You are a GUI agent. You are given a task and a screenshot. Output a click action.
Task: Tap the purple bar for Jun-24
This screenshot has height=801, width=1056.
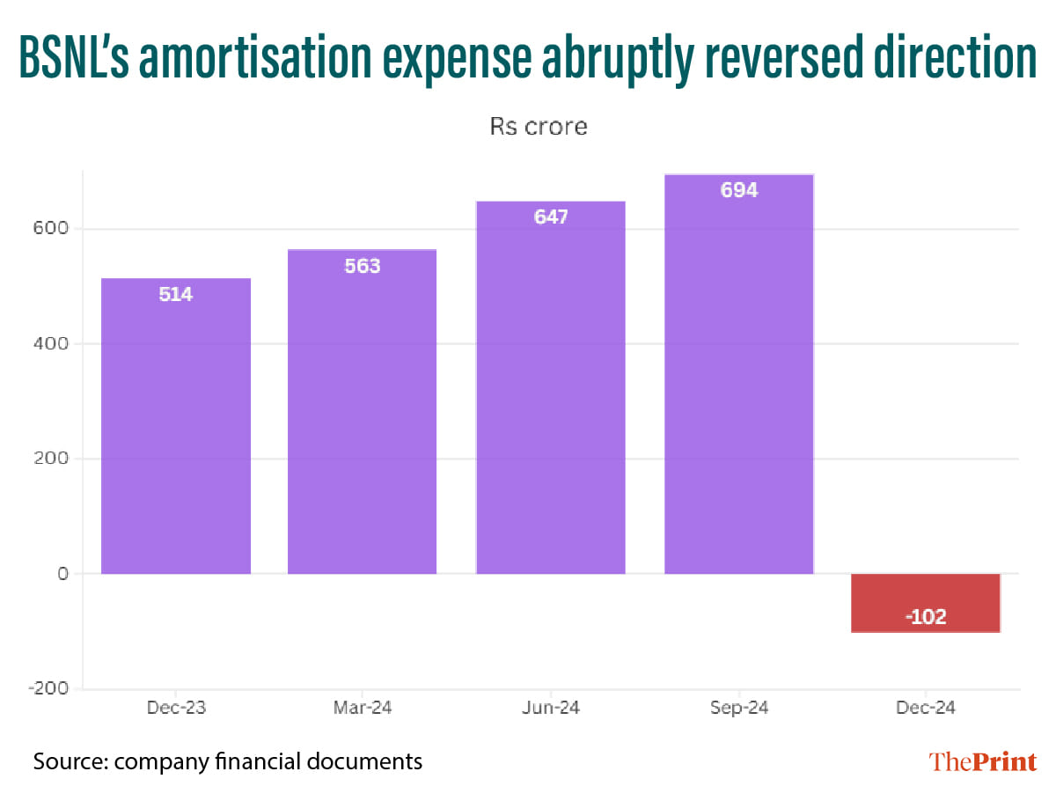[551, 387]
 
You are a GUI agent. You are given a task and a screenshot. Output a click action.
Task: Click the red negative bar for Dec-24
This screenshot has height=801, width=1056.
[926, 603]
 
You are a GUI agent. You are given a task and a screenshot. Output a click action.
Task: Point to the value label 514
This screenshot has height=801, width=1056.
[176, 295]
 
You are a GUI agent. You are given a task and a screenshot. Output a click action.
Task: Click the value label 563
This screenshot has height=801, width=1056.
[362, 266]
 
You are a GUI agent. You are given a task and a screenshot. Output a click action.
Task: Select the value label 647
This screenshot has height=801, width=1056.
[551, 217]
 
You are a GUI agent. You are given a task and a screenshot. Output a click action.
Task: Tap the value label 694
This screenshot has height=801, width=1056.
[739, 190]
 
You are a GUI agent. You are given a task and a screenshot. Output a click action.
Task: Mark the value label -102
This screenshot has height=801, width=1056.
[926, 617]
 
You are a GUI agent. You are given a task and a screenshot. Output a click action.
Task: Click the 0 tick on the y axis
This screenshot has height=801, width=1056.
[62, 574]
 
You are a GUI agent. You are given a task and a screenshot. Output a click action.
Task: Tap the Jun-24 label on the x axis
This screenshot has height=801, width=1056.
[551, 709]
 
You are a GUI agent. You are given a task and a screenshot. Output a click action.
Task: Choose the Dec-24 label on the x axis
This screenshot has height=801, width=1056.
[926, 709]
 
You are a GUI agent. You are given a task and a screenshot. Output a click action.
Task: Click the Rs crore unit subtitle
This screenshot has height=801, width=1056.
[538, 127]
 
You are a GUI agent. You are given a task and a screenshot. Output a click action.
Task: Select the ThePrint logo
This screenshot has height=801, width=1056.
[983, 761]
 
